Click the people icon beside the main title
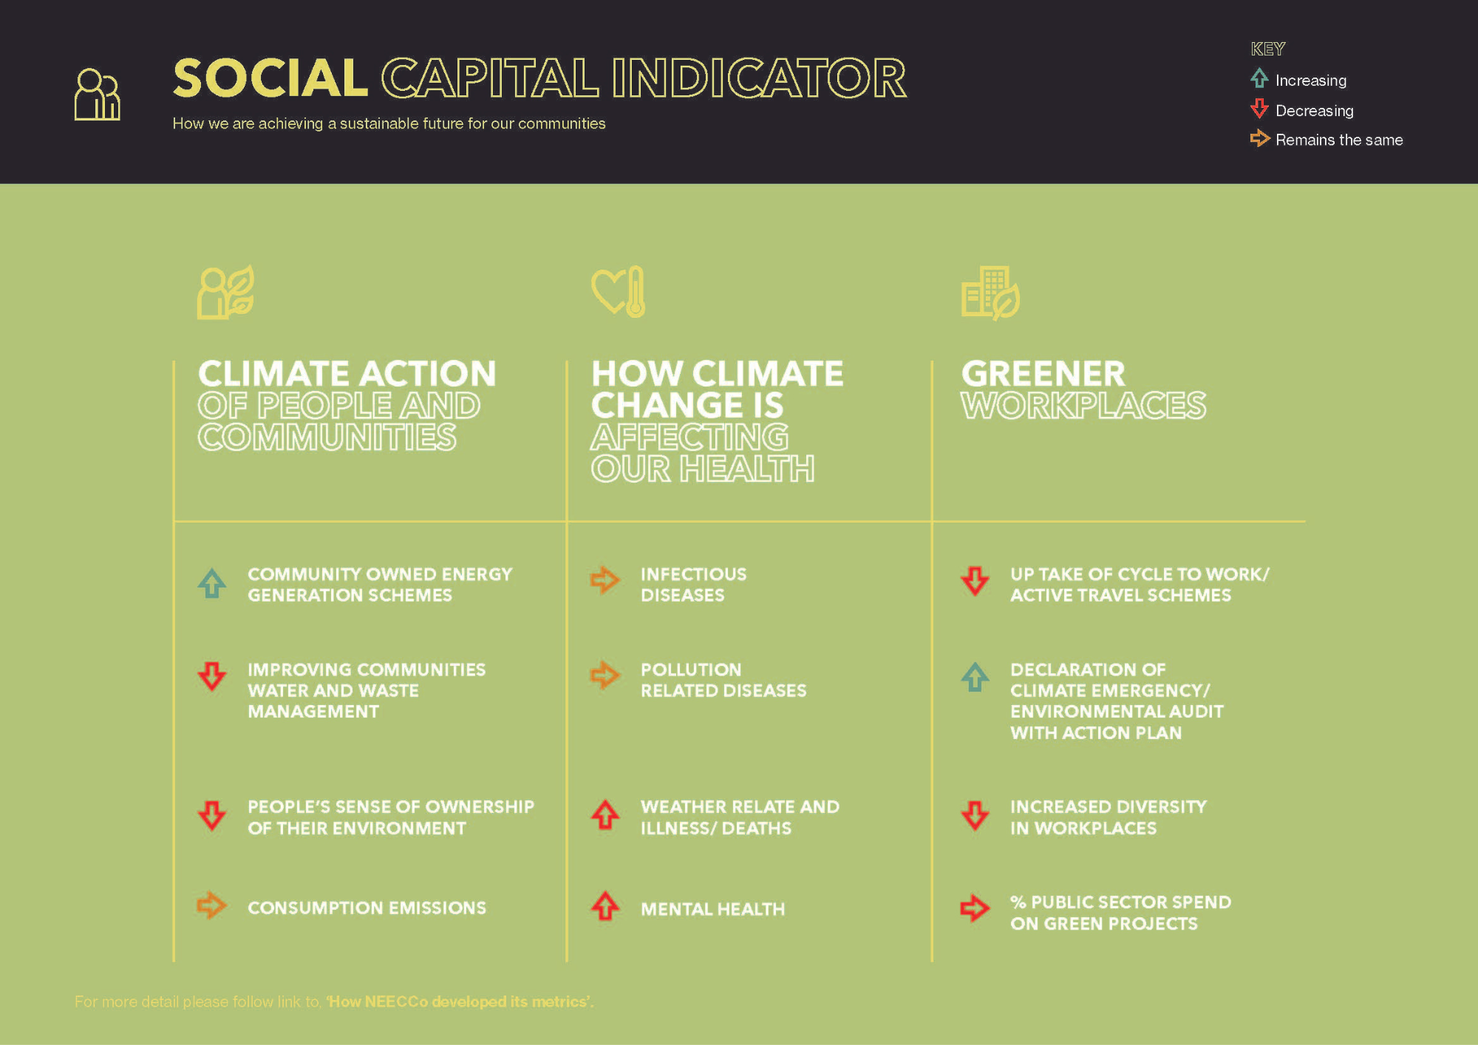(x=97, y=94)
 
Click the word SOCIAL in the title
(x=270, y=78)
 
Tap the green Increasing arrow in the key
(x=1259, y=78)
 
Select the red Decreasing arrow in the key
(x=1259, y=109)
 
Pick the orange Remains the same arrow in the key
(x=1259, y=138)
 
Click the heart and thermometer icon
(x=619, y=292)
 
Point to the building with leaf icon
(x=990, y=293)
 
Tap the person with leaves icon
(x=226, y=293)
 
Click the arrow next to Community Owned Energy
(x=212, y=583)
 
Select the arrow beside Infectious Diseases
(x=605, y=580)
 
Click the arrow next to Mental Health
(x=605, y=906)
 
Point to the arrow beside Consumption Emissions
(x=211, y=905)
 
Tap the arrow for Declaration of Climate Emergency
(x=975, y=676)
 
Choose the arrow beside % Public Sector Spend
(x=975, y=908)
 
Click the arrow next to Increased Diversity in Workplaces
(x=975, y=816)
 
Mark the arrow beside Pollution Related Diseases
(x=605, y=675)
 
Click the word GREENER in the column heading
(x=1043, y=374)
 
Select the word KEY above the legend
(x=1268, y=49)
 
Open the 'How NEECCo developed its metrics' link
(x=460, y=1002)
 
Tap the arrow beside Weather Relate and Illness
(x=605, y=814)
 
